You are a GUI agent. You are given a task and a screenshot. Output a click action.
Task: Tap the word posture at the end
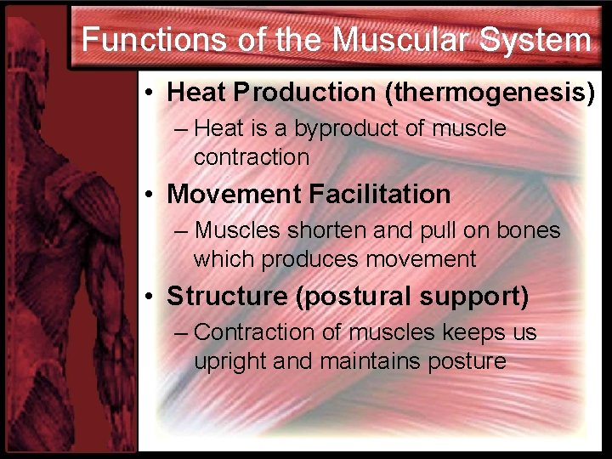point(467,361)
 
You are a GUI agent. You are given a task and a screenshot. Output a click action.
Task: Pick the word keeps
point(467,333)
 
